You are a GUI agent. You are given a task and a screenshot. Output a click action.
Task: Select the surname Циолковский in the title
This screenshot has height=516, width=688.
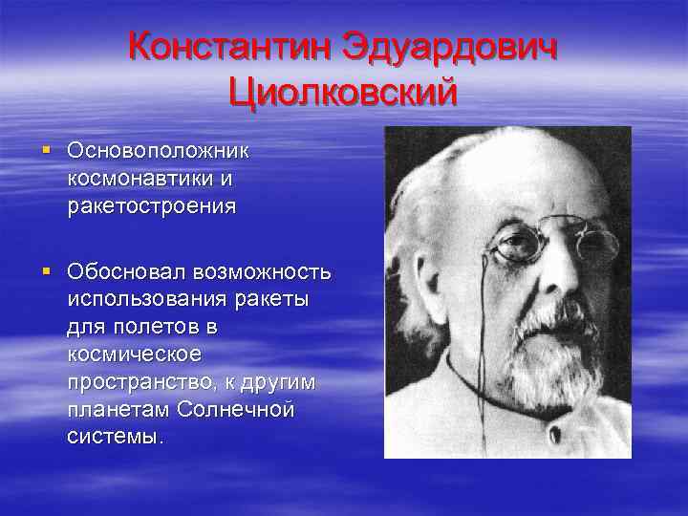pos(344,94)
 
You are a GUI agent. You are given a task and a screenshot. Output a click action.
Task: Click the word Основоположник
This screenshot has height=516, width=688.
pos(159,150)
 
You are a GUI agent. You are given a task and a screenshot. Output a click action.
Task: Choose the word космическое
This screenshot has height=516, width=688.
pos(135,355)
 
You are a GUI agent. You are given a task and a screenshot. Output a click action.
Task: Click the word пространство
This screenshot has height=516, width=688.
pos(142,382)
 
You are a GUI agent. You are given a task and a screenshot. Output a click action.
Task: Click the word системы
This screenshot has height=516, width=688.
pos(115,437)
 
